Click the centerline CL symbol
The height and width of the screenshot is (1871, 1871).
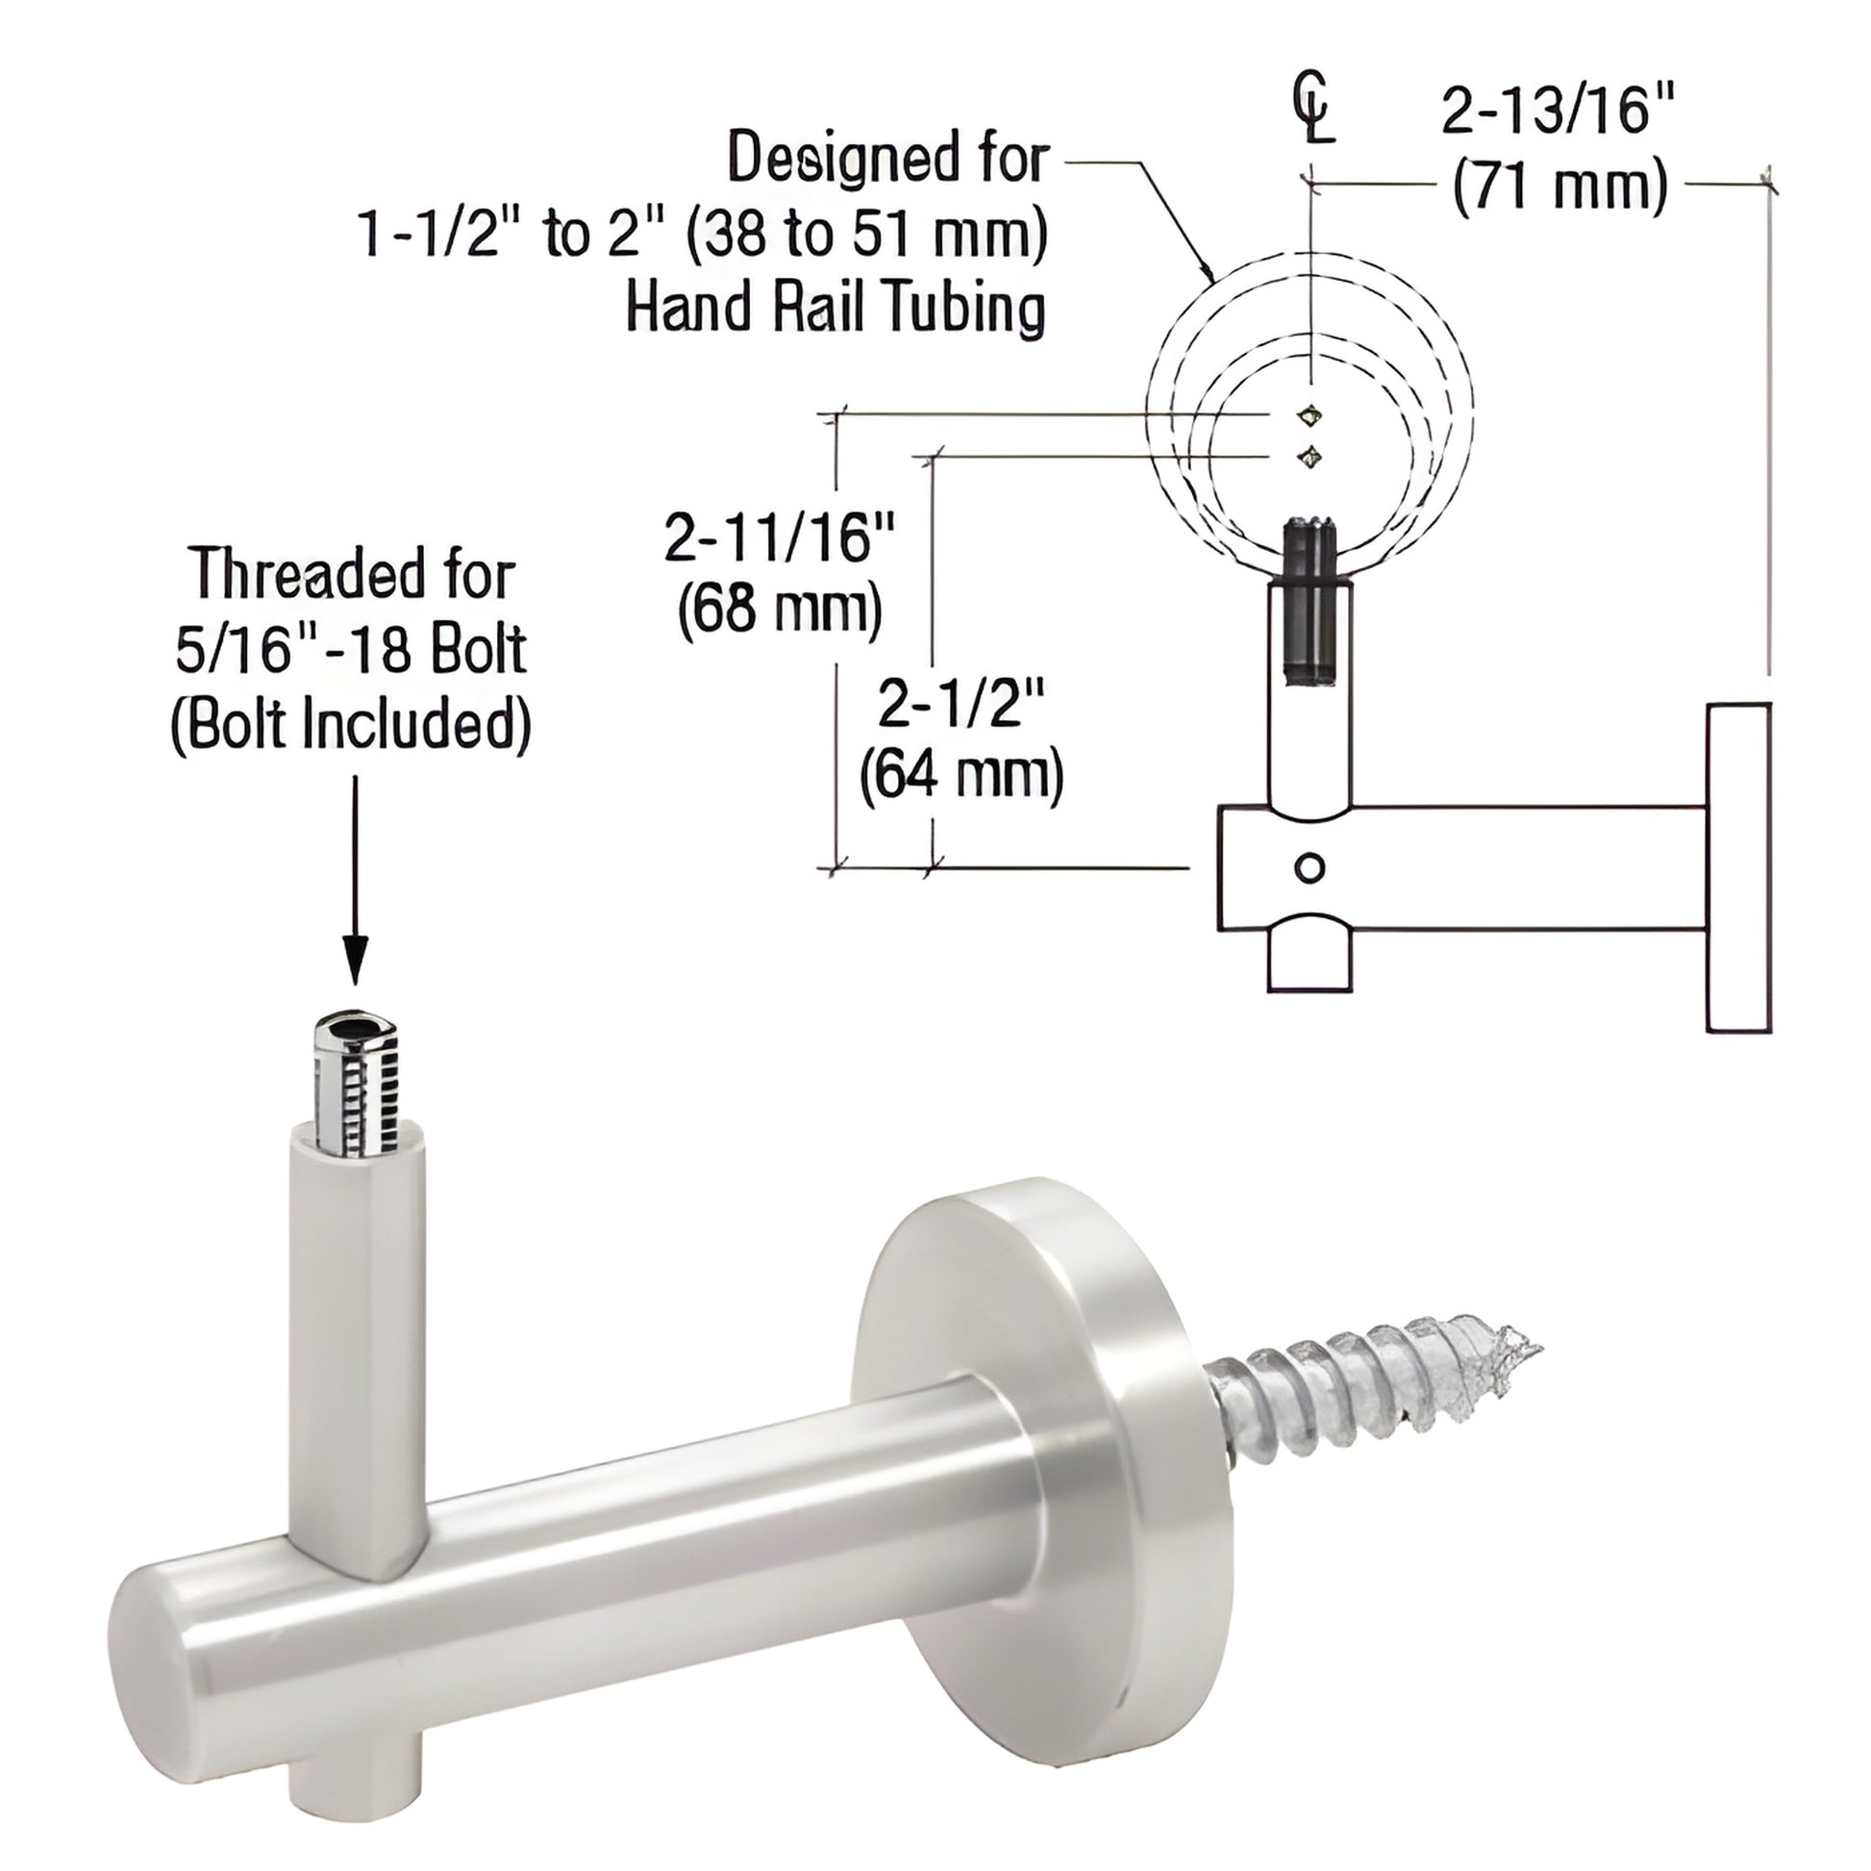[1313, 110]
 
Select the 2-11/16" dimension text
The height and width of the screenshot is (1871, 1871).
[779, 538]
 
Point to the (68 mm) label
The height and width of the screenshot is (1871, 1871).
[779, 611]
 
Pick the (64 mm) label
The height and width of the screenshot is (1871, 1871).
[960, 775]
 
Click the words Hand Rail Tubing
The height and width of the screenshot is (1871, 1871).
[835, 308]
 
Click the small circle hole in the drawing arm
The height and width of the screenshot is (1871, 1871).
[1310, 867]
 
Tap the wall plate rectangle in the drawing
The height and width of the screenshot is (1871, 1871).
[1738, 866]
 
